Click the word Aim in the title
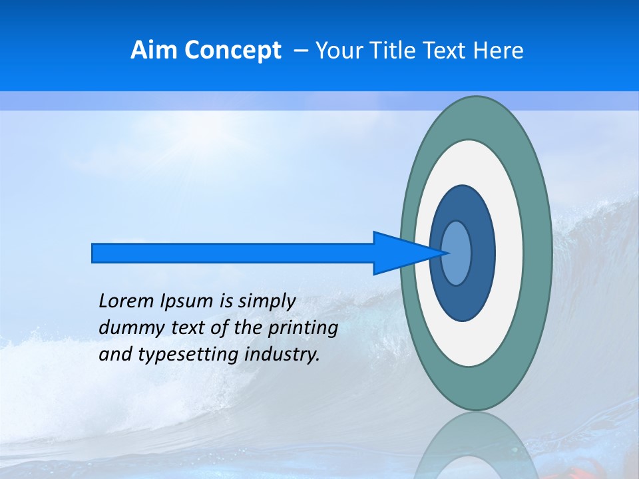(154, 51)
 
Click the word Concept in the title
(232, 51)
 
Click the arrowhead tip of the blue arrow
(446, 252)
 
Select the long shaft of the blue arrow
(233, 253)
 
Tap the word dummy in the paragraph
(127, 328)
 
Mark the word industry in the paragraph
(282, 355)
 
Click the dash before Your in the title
(301, 51)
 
